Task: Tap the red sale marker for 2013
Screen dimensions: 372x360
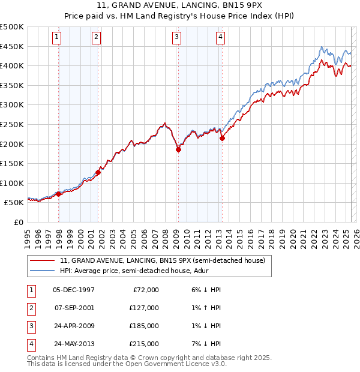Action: tap(223, 138)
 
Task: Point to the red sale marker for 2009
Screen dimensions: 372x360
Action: tap(178, 150)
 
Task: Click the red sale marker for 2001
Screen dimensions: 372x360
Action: tap(98, 172)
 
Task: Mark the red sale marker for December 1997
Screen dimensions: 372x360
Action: tap(58, 194)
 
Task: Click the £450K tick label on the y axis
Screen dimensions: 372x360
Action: tap(12, 46)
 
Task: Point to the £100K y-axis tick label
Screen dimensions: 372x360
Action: tap(12, 183)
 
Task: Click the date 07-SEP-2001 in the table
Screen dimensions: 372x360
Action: tap(74, 308)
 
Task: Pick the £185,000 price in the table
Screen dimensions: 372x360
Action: tap(144, 326)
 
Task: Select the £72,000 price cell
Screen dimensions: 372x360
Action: tap(146, 290)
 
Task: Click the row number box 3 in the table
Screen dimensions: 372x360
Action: tap(30, 326)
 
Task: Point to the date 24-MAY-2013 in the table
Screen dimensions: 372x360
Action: tap(74, 344)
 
